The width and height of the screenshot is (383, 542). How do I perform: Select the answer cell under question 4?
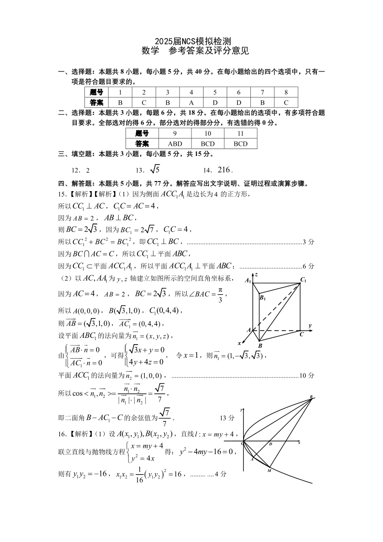[x=191, y=102]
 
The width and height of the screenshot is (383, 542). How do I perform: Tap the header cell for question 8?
[x=286, y=92]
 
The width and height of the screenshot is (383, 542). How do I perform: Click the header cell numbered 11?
[x=240, y=133]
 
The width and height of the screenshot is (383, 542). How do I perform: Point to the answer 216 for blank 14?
[x=225, y=169]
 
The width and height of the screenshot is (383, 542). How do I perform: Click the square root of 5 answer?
[x=154, y=169]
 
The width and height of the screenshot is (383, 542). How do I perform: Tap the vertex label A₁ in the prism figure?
[x=247, y=280]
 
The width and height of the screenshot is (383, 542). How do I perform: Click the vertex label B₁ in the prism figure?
[x=263, y=298]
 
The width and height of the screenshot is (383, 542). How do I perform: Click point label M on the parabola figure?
[x=269, y=470]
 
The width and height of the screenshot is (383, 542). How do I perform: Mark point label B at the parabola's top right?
[x=311, y=397]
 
